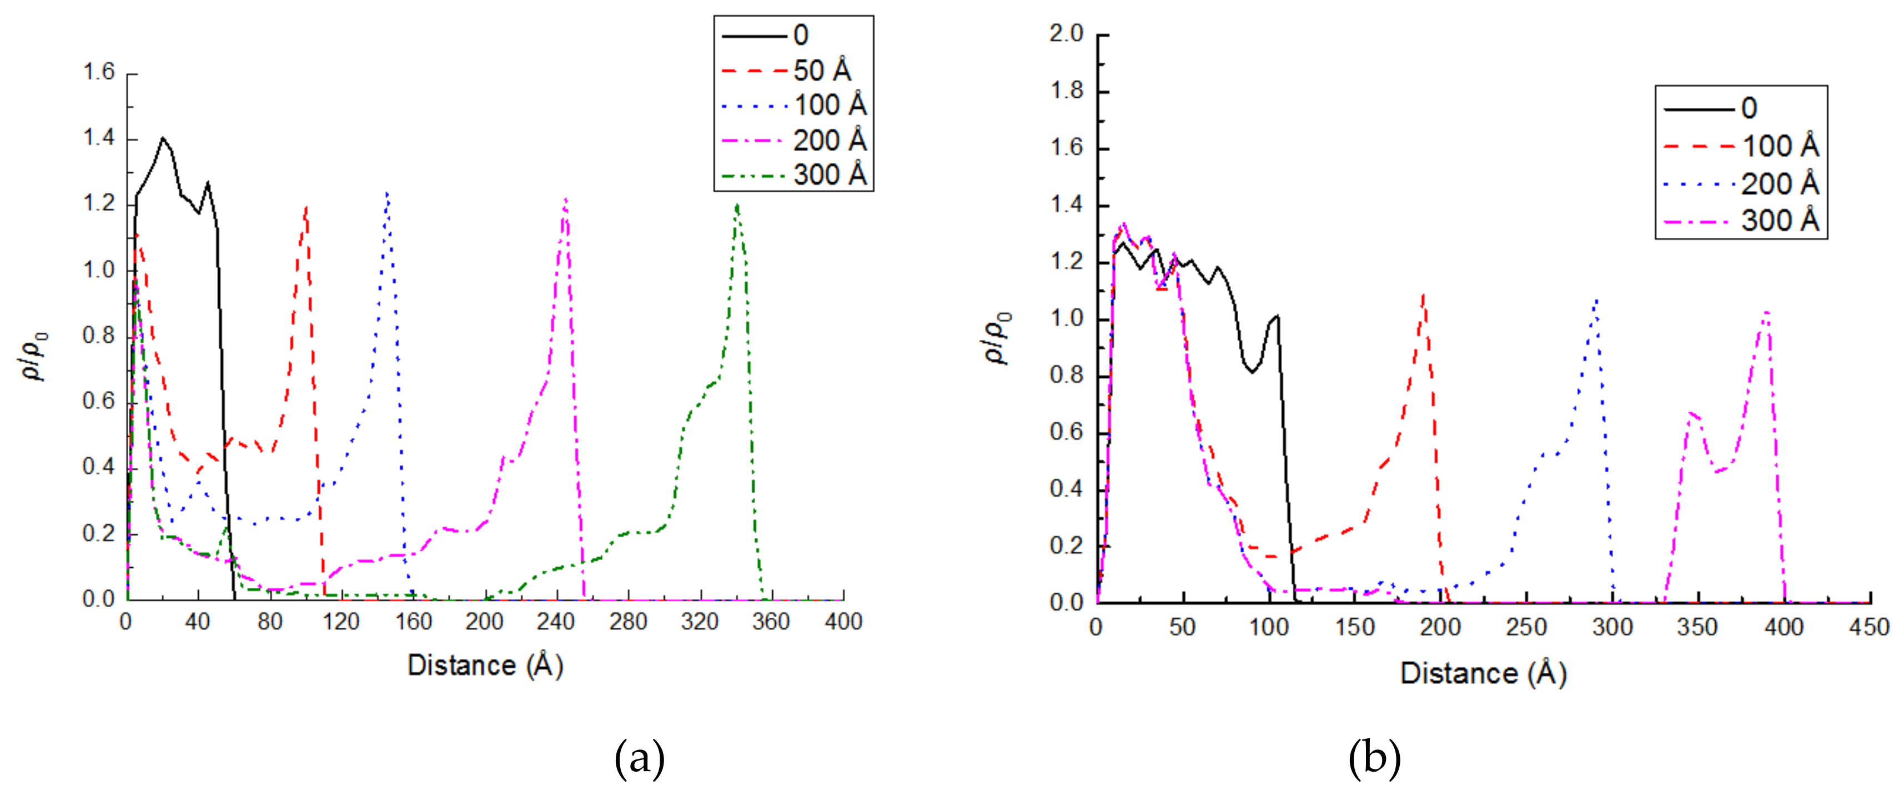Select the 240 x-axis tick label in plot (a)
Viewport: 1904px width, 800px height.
(x=556, y=622)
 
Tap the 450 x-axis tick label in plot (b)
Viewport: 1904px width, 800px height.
(x=1869, y=628)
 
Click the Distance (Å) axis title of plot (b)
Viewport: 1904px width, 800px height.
(x=1483, y=673)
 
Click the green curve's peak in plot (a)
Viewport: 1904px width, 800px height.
(x=737, y=206)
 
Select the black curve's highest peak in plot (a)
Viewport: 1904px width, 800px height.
(x=163, y=138)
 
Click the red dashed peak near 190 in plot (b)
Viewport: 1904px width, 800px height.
(x=1423, y=295)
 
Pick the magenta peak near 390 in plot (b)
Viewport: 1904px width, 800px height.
(x=1766, y=312)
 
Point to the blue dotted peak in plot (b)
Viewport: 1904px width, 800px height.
(x=1597, y=299)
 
